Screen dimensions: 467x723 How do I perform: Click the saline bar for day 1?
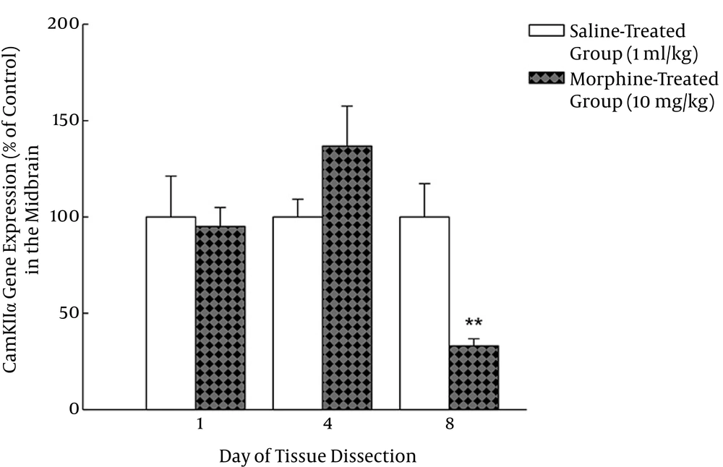[171, 313]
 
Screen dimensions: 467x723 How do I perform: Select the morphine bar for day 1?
[220, 318]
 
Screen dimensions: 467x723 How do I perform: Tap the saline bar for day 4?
[297, 313]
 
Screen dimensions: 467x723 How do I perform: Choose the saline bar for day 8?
[424, 313]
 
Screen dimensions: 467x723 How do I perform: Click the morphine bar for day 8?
[474, 377]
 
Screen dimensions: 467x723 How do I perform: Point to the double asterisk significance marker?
[474, 323]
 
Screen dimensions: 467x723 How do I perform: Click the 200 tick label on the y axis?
[65, 25]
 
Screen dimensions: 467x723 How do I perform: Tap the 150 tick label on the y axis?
[65, 121]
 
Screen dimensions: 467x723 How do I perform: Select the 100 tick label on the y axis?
[65, 217]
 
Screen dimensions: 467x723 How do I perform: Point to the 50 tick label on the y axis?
[69, 313]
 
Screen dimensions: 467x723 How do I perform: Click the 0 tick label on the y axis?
[72, 410]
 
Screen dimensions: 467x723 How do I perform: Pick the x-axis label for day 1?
[199, 426]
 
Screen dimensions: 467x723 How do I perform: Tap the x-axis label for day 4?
[328, 426]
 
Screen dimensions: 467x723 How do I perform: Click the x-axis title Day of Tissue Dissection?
[317, 456]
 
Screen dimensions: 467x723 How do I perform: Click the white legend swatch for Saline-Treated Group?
[547, 32]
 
